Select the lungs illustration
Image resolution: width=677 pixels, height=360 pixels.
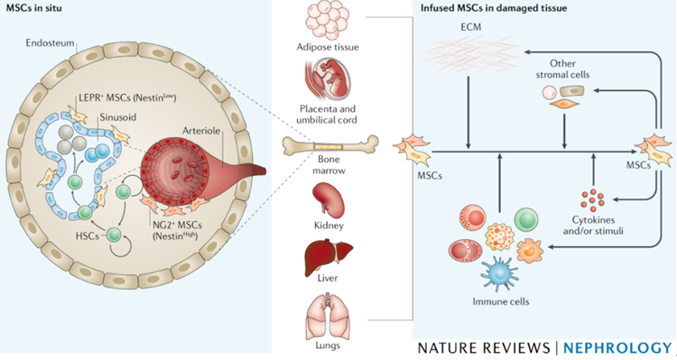point(327,315)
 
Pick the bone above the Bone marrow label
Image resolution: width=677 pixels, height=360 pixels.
point(330,145)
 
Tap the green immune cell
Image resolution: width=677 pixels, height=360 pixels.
point(526,219)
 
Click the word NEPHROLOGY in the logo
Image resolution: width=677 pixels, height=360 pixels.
point(617,348)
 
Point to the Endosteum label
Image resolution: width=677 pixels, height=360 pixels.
point(50,42)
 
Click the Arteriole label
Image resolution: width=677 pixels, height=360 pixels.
point(201,130)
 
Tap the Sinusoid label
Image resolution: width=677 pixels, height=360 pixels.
point(118,117)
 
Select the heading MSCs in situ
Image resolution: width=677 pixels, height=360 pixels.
point(33,8)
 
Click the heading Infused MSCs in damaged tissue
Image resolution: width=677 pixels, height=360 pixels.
point(494,8)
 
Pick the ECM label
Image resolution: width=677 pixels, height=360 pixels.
point(470,27)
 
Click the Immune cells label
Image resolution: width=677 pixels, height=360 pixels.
point(500,301)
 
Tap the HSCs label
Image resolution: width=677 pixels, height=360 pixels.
point(88,236)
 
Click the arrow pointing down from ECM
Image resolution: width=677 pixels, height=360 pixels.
point(468,113)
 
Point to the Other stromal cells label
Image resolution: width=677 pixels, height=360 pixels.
point(562,69)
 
